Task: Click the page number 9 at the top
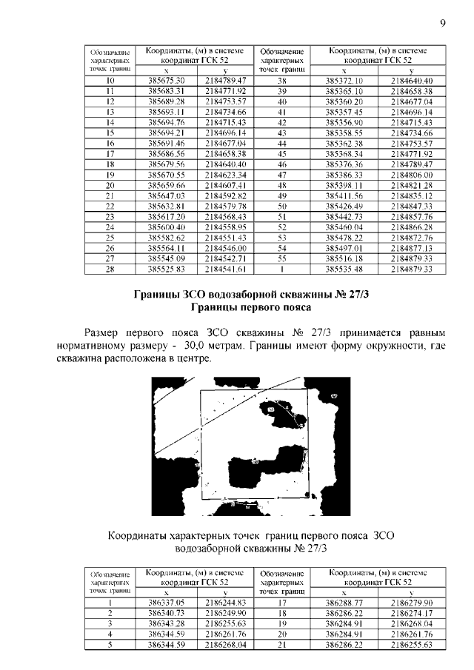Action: tap(442, 23)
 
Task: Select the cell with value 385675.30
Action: tap(171, 80)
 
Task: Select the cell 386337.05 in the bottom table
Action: tap(166, 603)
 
